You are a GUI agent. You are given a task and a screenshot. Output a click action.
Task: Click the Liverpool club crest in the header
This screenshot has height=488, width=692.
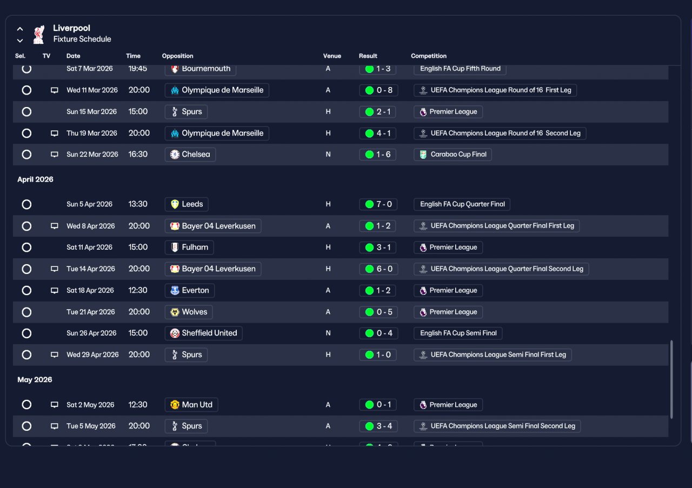(39, 34)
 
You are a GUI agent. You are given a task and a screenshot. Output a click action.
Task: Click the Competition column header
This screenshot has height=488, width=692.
(429, 56)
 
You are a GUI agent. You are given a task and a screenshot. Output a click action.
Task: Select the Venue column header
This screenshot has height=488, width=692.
(332, 56)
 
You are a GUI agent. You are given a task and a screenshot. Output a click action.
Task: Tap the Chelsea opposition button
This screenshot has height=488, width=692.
(190, 155)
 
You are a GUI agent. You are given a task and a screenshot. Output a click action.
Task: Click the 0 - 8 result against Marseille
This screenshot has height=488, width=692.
(378, 90)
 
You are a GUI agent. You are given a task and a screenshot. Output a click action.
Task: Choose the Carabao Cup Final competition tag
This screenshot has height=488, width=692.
(453, 155)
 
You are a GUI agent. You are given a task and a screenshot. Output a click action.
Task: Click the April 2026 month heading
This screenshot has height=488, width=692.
(35, 179)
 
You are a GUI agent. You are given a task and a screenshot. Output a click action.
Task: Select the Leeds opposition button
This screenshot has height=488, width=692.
(187, 204)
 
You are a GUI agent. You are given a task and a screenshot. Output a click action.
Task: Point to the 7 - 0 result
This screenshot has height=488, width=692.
(378, 204)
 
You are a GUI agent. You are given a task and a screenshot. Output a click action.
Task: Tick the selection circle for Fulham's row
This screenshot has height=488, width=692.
(26, 248)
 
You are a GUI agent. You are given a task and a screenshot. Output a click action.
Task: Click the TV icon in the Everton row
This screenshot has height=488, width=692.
(55, 291)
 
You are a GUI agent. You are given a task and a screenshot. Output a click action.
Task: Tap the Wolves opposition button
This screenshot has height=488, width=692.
(189, 312)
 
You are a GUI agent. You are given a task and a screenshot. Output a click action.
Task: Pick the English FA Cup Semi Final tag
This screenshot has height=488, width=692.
(458, 333)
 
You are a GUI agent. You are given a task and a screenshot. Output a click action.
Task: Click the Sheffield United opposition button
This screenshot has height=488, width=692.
(203, 333)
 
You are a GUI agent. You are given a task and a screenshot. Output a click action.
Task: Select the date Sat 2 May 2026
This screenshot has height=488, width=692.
(90, 405)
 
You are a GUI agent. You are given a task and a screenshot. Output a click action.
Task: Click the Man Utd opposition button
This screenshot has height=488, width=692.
(191, 405)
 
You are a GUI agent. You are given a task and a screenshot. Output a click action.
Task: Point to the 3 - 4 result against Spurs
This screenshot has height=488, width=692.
(378, 426)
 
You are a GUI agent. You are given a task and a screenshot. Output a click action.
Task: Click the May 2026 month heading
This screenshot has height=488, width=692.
(35, 379)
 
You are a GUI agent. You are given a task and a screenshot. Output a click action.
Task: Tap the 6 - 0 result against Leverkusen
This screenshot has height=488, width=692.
(378, 269)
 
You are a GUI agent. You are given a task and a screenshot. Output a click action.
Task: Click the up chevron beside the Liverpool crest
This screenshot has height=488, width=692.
(20, 29)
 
